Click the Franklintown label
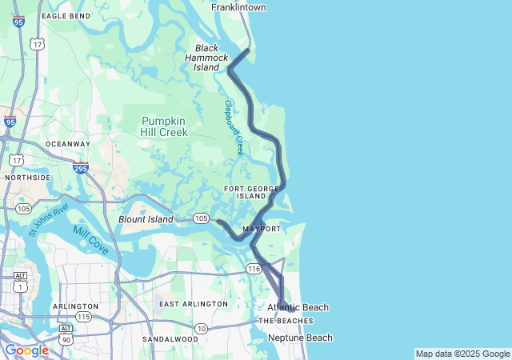pyautogui.click(x=238, y=7)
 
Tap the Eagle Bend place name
pyautogui.click(x=66, y=16)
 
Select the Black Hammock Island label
pyautogui.click(x=206, y=58)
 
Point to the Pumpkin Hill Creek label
pyautogui.click(x=165, y=126)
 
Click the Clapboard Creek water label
pyautogui.click(x=234, y=127)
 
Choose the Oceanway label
pyautogui.click(x=68, y=144)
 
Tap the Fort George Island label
pyautogui.click(x=251, y=191)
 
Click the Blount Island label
pyautogui.click(x=146, y=219)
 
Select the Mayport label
pyautogui.click(x=262, y=229)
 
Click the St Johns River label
pyautogui.click(x=49, y=220)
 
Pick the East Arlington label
pyautogui.click(x=193, y=304)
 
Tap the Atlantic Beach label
pyautogui.click(x=298, y=307)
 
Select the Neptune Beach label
pyautogui.click(x=300, y=338)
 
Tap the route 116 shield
pyautogui.click(x=254, y=270)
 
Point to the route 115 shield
pyautogui.click(x=83, y=317)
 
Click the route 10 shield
pyautogui.click(x=201, y=329)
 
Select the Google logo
pyautogui.click(x=26, y=350)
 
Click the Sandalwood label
pyautogui.click(x=170, y=339)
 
